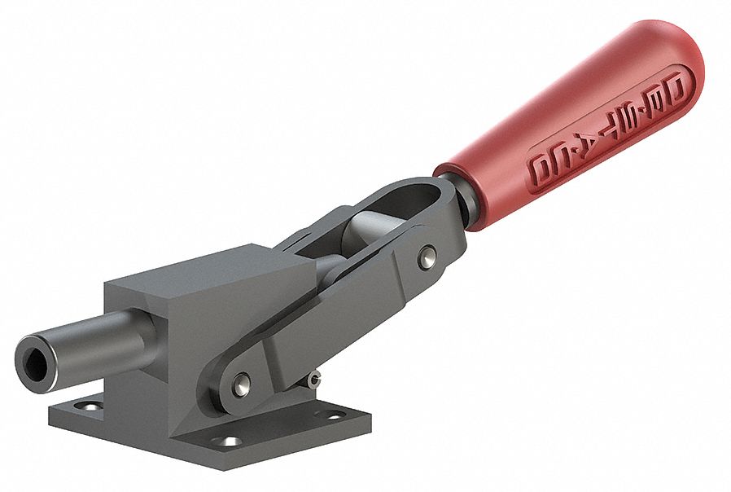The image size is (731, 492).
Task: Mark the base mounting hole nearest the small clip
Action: click(x=335, y=415)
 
